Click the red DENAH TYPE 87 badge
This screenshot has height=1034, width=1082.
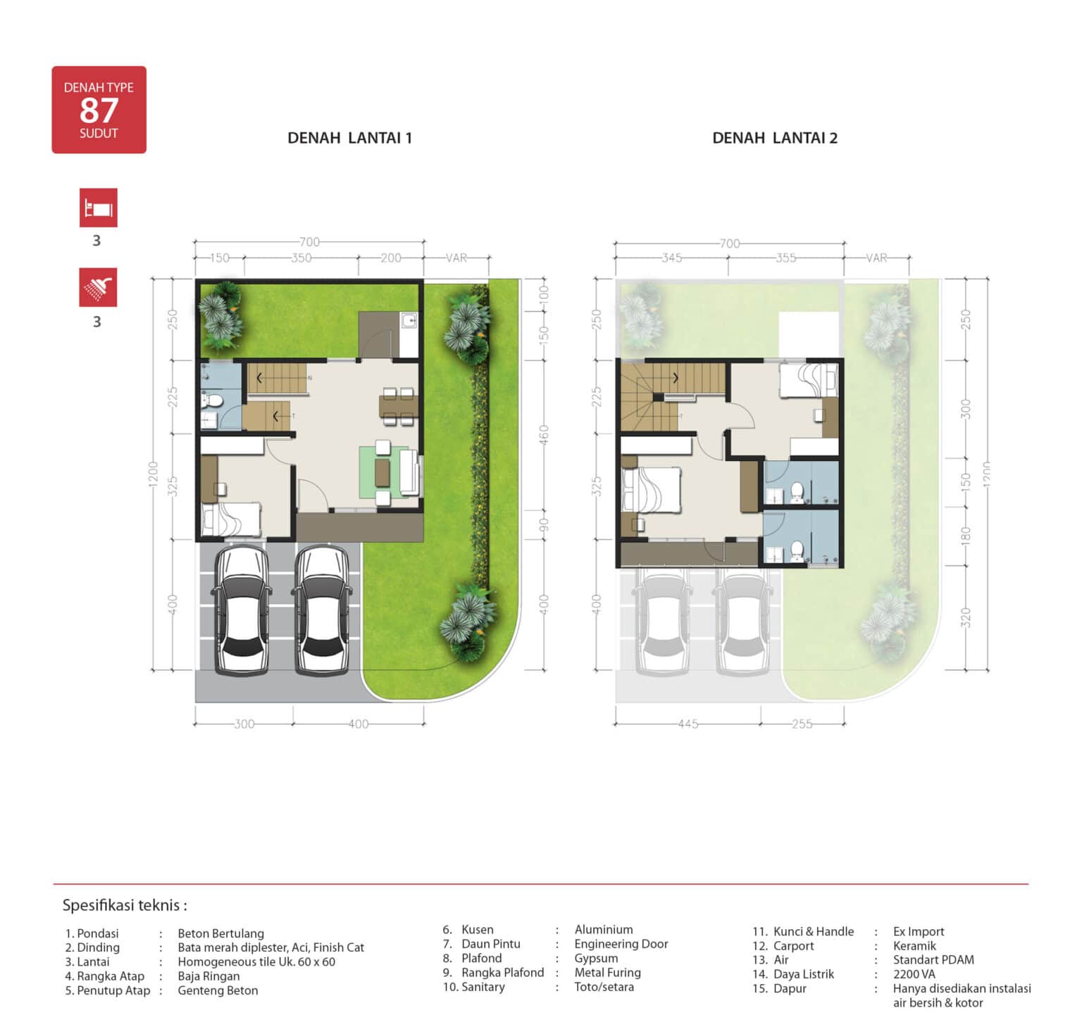99,110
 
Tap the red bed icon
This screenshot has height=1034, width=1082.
98,208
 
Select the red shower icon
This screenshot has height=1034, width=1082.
98,287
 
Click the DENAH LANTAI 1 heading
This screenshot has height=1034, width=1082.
349,138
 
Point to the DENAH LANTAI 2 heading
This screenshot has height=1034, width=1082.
775,138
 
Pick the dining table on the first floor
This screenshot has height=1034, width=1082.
398,406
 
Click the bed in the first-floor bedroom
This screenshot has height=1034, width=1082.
231,519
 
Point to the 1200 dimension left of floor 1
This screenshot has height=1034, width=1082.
154,474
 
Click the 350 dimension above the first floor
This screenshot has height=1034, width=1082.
301,258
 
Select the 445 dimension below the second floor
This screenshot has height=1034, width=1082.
688,724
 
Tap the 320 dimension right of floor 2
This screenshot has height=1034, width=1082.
966,617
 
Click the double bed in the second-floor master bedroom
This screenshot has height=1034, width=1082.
652,490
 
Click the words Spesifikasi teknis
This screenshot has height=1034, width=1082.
125,905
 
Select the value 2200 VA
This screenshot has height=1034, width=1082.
914,974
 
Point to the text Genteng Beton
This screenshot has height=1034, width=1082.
218,990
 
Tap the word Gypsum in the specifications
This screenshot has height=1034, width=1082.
596,959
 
